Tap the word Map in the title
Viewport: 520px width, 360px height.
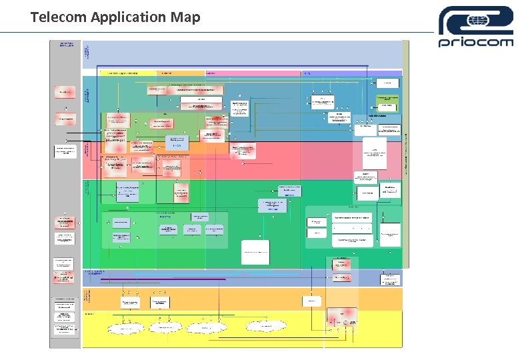185,17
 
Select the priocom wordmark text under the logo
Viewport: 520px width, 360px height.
475,41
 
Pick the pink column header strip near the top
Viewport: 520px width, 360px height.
253,72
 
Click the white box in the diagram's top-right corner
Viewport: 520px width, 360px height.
387,83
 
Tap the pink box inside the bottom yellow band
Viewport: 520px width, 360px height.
342,316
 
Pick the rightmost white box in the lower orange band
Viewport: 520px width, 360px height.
311,302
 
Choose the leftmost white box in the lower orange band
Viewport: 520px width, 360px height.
130,303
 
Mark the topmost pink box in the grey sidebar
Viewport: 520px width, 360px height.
65,92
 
